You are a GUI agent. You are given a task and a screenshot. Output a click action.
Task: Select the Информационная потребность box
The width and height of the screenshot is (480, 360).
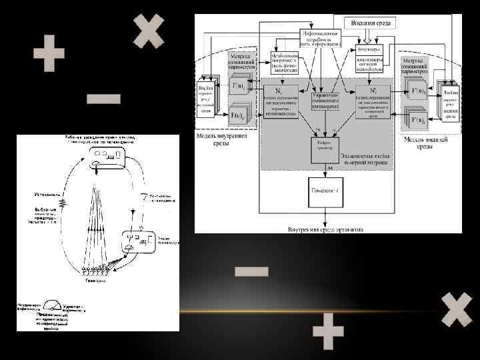pyautogui.click(x=321, y=38)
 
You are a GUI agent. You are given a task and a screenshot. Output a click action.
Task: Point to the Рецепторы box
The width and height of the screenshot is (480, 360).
pyautogui.click(x=368, y=49)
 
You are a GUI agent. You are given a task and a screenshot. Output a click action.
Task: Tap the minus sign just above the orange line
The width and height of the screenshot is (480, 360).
pyautogui.click(x=251, y=271)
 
